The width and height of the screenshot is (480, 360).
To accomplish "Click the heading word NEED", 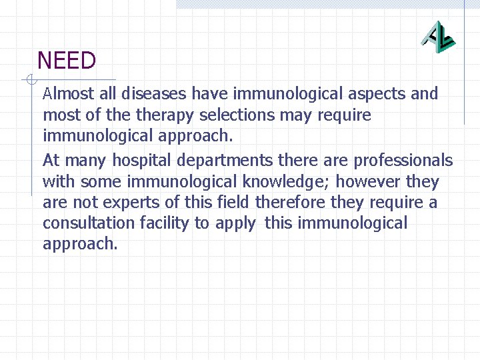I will pyautogui.click(x=67, y=61).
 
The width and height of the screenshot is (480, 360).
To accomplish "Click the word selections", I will pyautogui.click(x=233, y=115).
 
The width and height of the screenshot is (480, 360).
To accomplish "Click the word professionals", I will pyautogui.click(x=403, y=161).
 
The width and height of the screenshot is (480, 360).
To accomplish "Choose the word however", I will pyautogui.click(x=369, y=181).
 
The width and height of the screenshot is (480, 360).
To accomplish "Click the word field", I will pyautogui.click(x=238, y=202).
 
